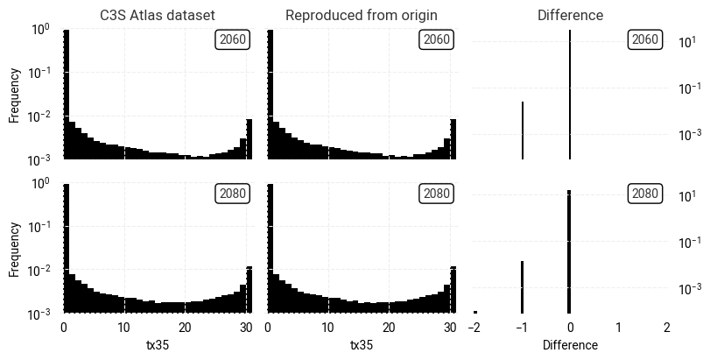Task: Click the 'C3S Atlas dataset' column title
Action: click(158, 15)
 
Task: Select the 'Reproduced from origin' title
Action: click(361, 15)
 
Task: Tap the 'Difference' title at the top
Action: click(570, 15)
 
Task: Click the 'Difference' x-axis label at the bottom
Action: click(570, 345)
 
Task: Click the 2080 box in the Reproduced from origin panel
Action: click(436, 193)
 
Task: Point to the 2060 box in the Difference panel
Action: click(644, 39)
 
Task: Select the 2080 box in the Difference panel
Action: click(644, 193)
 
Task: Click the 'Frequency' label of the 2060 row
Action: click(15, 95)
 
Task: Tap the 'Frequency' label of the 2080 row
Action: click(15, 249)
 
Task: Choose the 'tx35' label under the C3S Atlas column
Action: click(158, 345)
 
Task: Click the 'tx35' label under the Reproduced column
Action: click(362, 345)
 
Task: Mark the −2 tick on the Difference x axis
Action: click(474, 328)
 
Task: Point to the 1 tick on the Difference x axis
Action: click(618, 328)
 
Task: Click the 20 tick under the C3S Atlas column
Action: click(185, 328)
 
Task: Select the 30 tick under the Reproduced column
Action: click(449, 328)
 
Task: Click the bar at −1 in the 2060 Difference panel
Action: click(523, 131)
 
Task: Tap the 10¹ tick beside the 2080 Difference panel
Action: click(689, 196)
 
